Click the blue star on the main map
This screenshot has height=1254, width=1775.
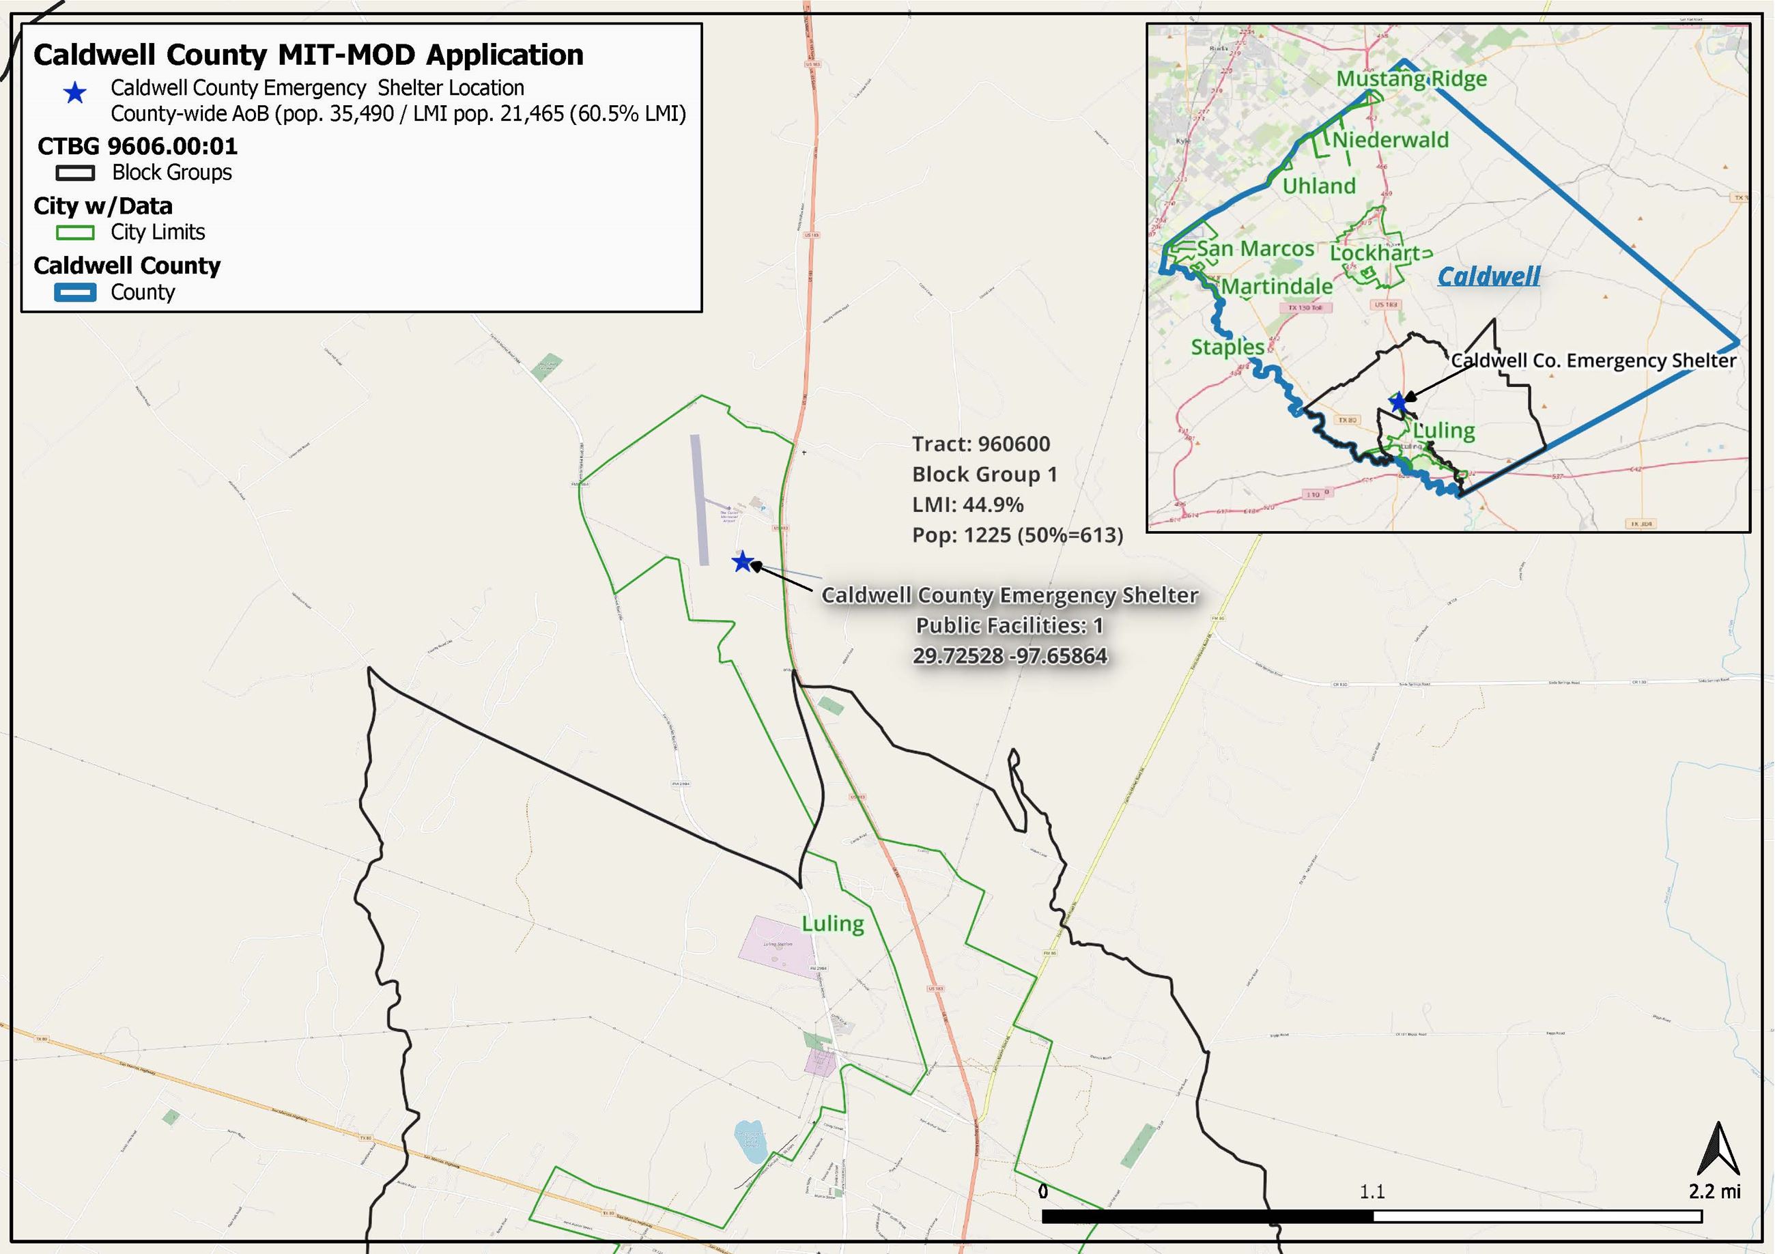(x=742, y=561)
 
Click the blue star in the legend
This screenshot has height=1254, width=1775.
(x=75, y=94)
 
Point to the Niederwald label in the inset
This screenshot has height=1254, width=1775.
(x=1390, y=140)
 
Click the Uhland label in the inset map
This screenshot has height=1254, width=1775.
(x=1319, y=186)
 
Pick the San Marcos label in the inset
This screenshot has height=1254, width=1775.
(x=1255, y=249)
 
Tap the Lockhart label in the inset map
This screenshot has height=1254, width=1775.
(x=1376, y=253)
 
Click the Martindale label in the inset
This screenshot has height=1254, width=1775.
(x=1277, y=287)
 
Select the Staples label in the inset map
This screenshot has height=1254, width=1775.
(x=1227, y=347)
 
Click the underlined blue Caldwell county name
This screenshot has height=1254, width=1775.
(x=1488, y=276)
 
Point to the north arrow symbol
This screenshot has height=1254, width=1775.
(x=1718, y=1150)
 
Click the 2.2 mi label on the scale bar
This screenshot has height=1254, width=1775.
(x=1714, y=1191)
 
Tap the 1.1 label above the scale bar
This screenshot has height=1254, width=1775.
(x=1372, y=1191)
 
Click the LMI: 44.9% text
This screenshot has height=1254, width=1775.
(x=967, y=505)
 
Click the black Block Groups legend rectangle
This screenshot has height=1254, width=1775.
(x=75, y=173)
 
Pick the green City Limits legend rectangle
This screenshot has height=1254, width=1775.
(x=75, y=233)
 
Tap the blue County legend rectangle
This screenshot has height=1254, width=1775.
(x=75, y=292)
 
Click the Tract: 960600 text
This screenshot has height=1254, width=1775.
(x=980, y=444)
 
